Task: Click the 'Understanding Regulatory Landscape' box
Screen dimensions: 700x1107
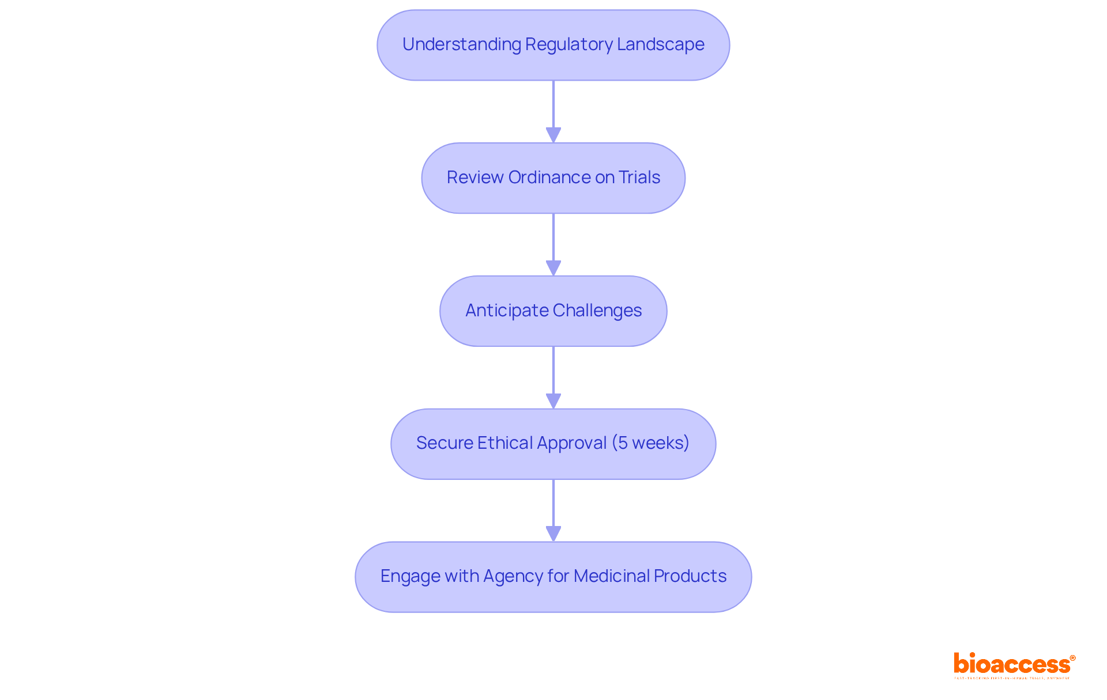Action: coord(553,45)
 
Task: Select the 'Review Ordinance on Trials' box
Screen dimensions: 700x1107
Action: coord(553,178)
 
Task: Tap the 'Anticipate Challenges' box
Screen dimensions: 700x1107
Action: coord(553,311)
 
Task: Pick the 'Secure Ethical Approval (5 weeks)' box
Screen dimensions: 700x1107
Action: coord(553,444)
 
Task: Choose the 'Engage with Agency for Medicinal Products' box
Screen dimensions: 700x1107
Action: coord(553,577)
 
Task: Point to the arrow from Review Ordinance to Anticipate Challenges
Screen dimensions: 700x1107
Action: coord(553,244)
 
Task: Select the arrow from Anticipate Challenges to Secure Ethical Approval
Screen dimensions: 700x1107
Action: coord(553,377)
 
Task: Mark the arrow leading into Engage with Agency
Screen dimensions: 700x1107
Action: coord(553,510)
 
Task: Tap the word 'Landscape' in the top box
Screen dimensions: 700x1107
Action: coord(660,45)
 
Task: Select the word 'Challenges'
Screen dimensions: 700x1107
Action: coord(597,311)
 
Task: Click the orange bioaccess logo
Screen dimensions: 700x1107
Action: coord(1012,665)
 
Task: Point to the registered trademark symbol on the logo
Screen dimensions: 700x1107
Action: coord(1072,658)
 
